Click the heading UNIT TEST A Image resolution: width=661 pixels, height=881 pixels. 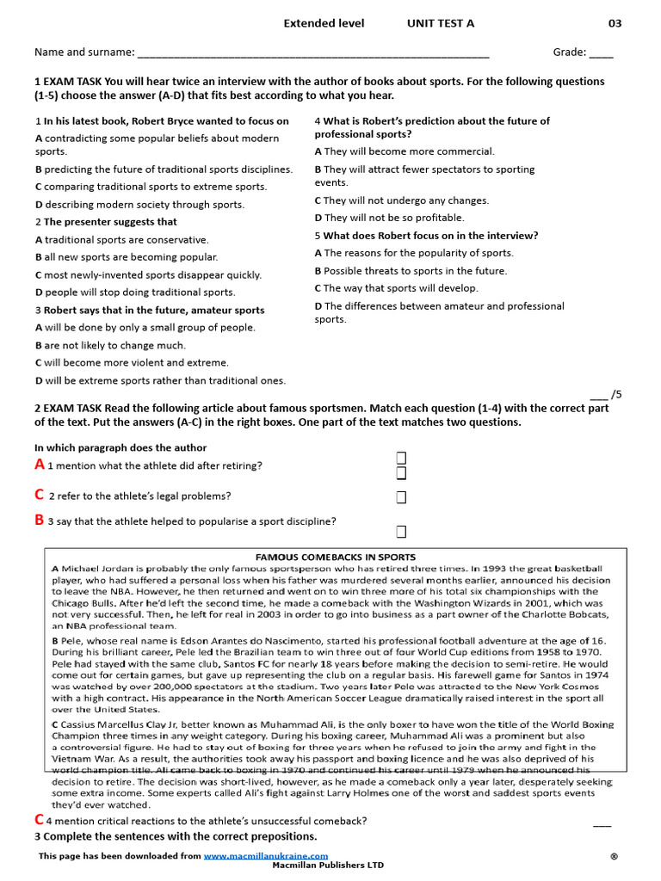[440, 23]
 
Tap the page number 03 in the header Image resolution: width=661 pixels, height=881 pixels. [615, 23]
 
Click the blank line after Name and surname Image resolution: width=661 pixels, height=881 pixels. [312, 52]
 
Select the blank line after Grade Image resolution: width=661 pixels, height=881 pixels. [602, 52]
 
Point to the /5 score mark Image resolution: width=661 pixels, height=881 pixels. [605, 394]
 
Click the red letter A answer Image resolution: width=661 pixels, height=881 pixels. [40, 465]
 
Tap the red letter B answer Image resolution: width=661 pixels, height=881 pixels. [39, 520]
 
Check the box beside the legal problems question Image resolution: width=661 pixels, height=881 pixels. [401, 497]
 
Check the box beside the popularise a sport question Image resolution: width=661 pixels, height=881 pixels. [401, 531]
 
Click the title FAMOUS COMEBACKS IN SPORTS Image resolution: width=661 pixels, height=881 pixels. [335, 558]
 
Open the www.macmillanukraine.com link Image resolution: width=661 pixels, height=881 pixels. [265, 856]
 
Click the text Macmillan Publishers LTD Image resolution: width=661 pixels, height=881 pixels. [328, 866]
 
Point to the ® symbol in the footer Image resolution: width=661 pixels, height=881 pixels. [614, 856]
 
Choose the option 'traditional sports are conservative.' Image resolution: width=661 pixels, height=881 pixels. [127, 240]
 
